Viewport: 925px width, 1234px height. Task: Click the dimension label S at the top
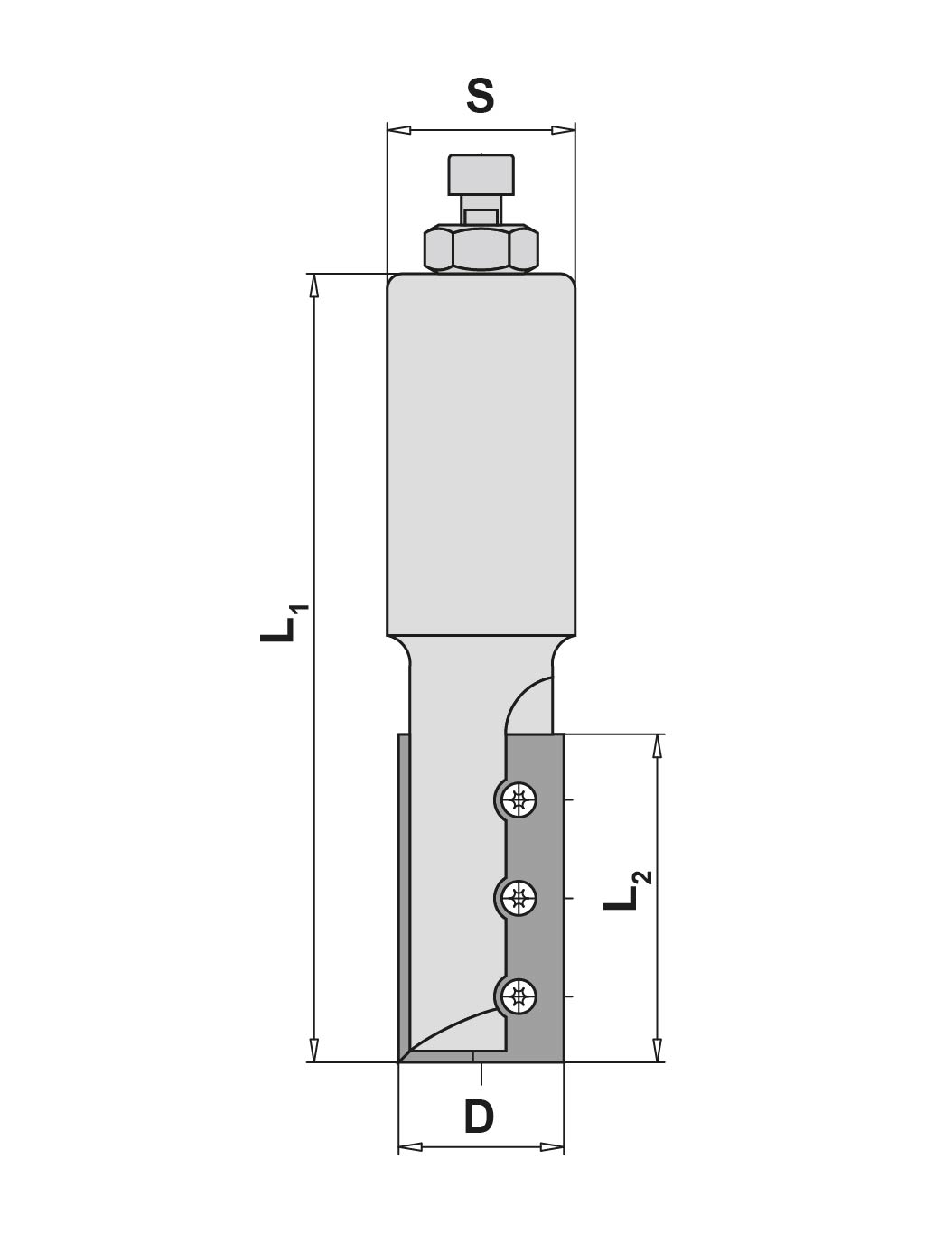480,96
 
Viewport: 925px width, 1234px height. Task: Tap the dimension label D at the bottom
480,1117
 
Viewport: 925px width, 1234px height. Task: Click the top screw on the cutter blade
519,799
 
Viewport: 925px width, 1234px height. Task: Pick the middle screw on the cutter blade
519,898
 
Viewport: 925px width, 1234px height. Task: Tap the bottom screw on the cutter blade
519,996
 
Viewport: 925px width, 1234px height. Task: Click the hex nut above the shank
481,248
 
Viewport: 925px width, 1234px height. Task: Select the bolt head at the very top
481,174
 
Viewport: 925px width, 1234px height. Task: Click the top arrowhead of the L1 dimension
314,285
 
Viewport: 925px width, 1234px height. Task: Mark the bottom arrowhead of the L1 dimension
314,1050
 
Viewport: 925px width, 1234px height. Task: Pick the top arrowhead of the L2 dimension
658,745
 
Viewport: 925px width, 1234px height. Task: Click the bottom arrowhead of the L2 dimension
658,1050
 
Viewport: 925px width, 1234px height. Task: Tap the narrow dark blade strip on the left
404,894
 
